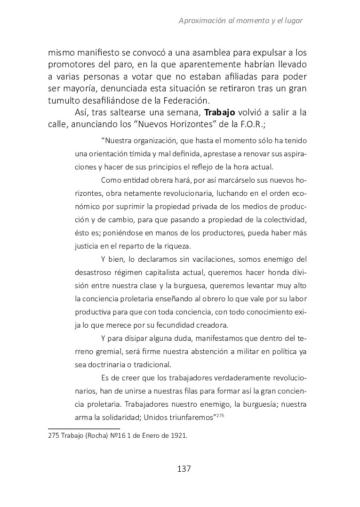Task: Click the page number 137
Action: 184,469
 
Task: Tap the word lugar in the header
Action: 292,21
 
